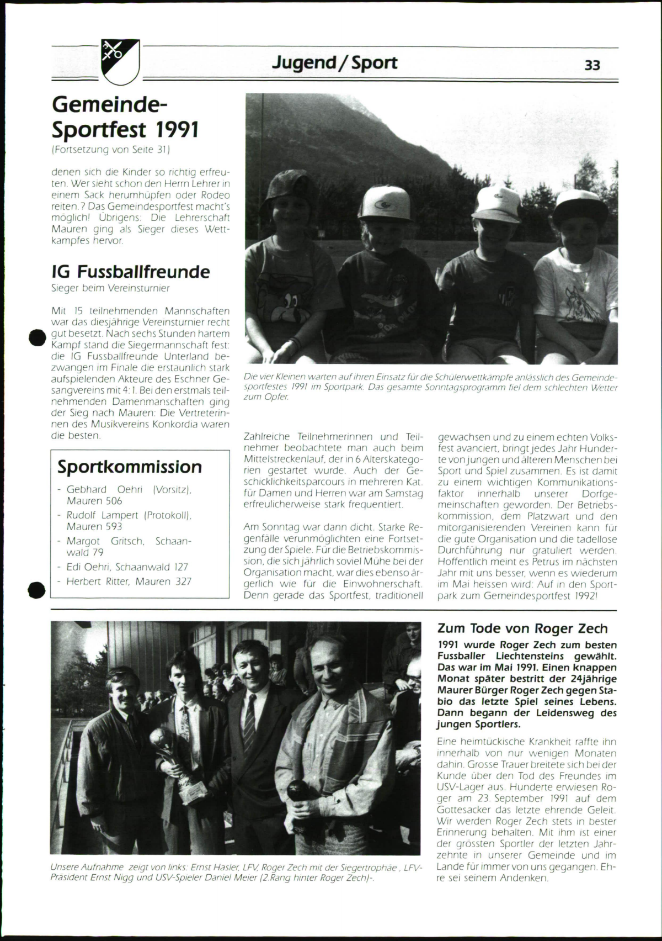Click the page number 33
click(x=592, y=65)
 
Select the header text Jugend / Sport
click(x=334, y=63)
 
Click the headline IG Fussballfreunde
click(x=131, y=272)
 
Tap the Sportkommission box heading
click(x=130, y=467)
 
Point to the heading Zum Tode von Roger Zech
click(x=522, y=628)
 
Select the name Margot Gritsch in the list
click(x=105, y=541)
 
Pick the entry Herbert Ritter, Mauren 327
click(x=129, y=581)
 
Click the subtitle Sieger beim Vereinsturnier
click(x=110, y=288)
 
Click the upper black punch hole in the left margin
click(x=36, y=337)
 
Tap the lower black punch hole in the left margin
click(x=36, y=590)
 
